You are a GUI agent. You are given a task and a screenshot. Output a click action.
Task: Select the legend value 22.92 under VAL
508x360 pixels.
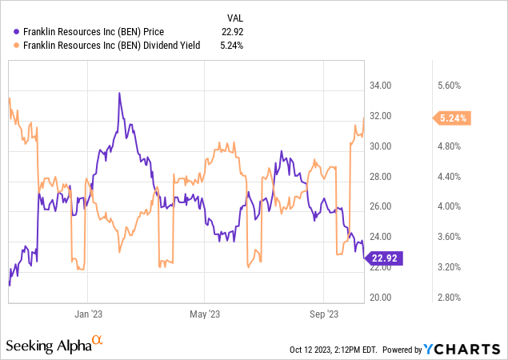pyautogui.click(x=230, y=31)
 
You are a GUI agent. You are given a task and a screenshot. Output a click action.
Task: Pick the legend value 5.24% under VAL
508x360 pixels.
pyautogui.click(x=230, y=45)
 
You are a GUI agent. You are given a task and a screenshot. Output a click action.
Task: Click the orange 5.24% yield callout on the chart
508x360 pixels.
pyautogui.click(x=454, y=118)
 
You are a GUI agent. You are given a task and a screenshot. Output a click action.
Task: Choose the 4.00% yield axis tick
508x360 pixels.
pyautogui.click(x=454, y=206)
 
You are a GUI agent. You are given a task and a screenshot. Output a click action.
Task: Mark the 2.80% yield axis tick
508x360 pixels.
pyautogui.click(x=454, y=297)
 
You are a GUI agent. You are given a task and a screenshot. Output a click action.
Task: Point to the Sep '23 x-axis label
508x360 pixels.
pyautogui.click(x=323, y=314)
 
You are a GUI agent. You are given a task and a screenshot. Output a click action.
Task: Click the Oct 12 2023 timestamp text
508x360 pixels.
pyautogui.click(x=335, y=350)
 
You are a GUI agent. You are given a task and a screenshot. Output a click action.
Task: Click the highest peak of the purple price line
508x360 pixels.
pyautogui.click(x=119, y=93)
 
